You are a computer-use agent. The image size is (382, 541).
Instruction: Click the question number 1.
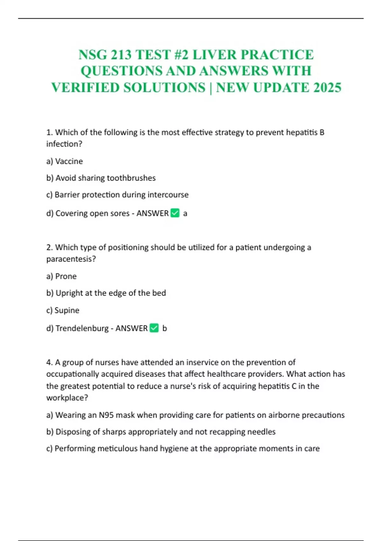[49, 132]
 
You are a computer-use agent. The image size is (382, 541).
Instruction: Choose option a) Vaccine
[65, 161]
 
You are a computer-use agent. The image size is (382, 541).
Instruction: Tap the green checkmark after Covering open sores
[175, 213]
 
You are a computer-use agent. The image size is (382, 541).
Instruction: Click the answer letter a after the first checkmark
[185, 214]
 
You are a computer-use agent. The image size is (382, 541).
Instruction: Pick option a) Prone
[61, 276]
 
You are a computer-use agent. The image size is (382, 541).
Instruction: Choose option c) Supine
[63, 310]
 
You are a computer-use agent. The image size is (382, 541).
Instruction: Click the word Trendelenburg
[82, 328]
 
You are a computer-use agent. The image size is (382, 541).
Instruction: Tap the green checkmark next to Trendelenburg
[154, 328]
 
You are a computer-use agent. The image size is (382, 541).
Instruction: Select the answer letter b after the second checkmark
[165, 328]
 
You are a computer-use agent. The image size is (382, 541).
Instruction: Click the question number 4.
[49, 362]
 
